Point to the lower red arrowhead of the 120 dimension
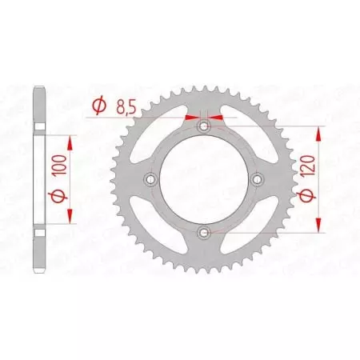(322, 226)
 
